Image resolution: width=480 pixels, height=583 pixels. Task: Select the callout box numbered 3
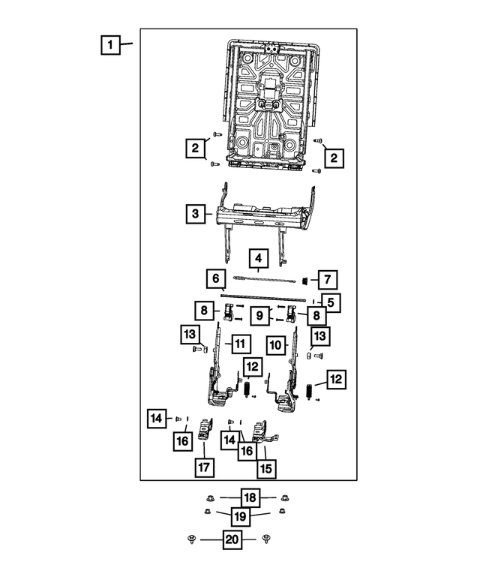pyautogui.click(x=195, y=214)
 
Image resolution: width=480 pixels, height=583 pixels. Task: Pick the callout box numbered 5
pyautogui.click(x=330, y=302)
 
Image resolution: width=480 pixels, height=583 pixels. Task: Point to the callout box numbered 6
pyautogui.click(x=216, y=279)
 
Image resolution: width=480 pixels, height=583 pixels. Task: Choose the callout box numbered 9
pyautogui.click(x=258, y=317)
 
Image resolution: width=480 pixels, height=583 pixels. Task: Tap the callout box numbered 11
pyautogui.click(x=238, y=344)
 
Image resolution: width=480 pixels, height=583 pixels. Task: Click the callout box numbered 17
pyautogui.click(x=203, y=467)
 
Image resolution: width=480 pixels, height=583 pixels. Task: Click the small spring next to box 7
pyautogui.click(x=306, y=281)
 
